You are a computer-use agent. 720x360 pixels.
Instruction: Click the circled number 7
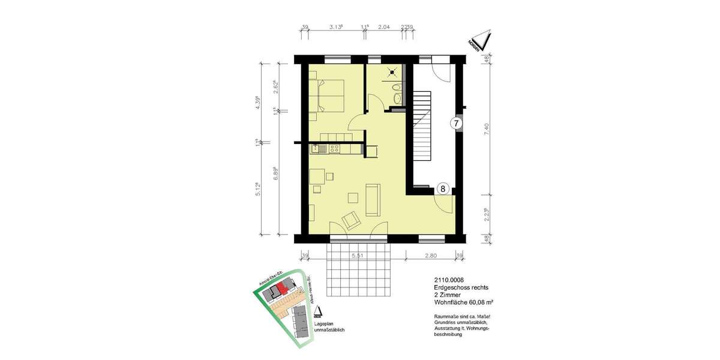[x=456, y=124]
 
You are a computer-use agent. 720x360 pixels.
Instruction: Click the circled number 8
[x=443, y=188]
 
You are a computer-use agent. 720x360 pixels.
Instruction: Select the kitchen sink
[x=316, y=148]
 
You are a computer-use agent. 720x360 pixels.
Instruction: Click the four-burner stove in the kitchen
[x=335, y=148]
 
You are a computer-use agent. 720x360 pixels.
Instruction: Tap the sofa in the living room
[x=373, y=200]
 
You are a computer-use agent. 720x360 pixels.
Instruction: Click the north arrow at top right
[x=481, y=41]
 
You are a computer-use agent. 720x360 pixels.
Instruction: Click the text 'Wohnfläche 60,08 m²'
[x=464, y=302]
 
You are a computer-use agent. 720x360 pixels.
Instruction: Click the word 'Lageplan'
[x=324, y=324]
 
